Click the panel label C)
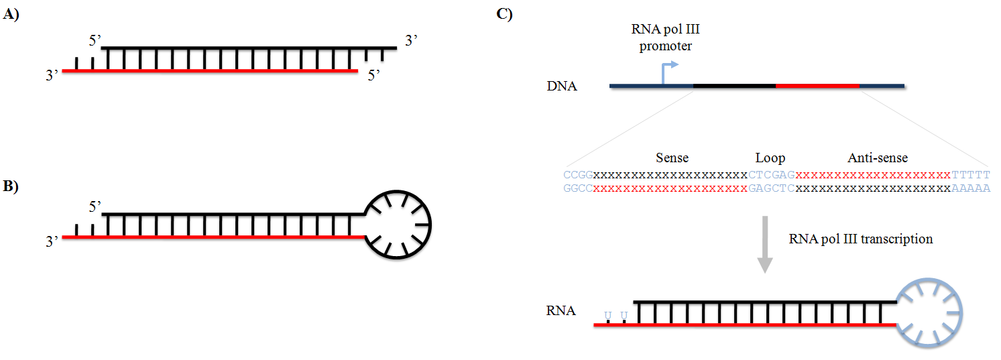(505, 14)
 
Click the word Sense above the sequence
(672, 158)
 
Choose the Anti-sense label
(878, 158)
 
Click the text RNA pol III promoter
(661, 38)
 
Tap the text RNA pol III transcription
(861, 239)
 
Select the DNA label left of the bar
(561, 86)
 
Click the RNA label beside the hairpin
(561, 311)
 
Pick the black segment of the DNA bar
(734, 86)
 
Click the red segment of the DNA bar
(817, 86)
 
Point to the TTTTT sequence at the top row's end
(970, 175)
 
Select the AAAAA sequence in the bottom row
(970, 188)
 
